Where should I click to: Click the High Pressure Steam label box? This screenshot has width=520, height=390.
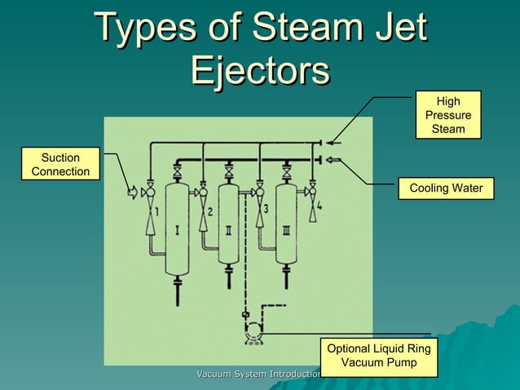click(448, 114)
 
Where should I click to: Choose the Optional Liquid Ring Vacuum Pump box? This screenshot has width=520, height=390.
click(378, 355)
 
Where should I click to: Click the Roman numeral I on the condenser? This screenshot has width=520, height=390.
click(177, 230)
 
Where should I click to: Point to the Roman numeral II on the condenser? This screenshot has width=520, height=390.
click(229, 230)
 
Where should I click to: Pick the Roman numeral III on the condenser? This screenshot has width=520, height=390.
click(285, 230)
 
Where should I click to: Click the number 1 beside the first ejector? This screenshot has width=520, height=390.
click(156, 211)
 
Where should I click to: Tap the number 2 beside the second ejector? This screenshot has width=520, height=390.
click(209, 211)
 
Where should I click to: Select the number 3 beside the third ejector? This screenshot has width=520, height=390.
click(265, 210)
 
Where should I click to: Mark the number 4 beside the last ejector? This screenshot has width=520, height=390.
click(319, 207)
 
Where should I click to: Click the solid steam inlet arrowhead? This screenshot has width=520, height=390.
click(322, 142)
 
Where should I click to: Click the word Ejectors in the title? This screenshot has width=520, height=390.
click(259, 72)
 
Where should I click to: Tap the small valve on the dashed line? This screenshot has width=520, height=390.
click(245, 314)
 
